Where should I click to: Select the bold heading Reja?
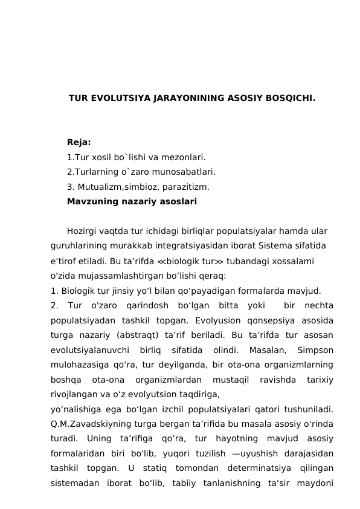click(79, 143)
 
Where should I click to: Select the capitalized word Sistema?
click(273, 246)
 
